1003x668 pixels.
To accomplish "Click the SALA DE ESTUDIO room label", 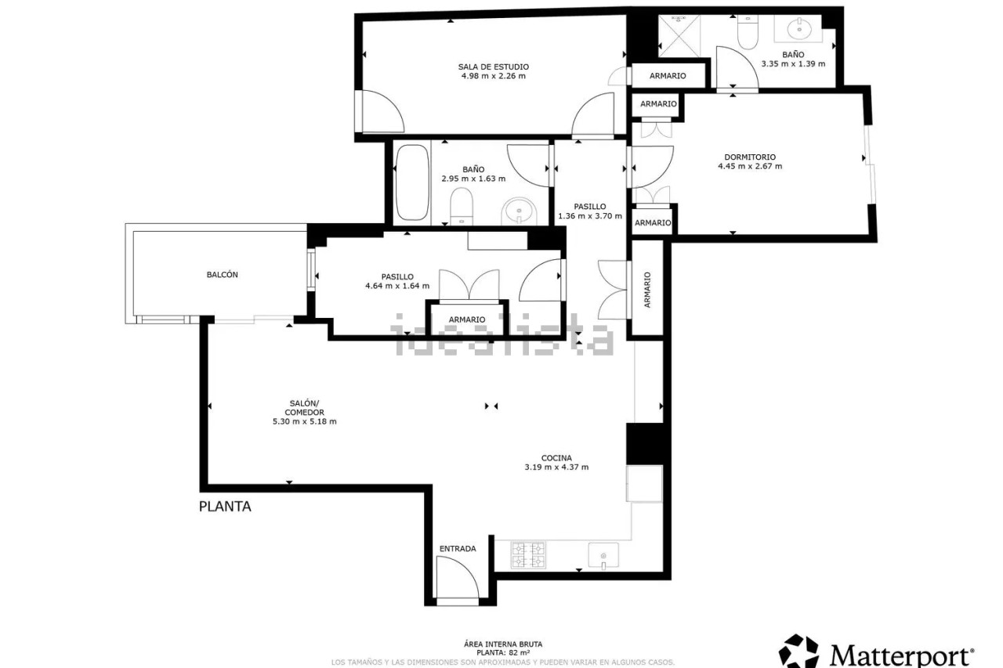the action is point(493,67).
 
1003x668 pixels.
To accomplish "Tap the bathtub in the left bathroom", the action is point(412,182).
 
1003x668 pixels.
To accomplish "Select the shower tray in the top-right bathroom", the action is point(679,36).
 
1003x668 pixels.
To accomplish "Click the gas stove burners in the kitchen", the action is point(528,554).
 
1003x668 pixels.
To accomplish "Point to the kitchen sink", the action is point(603,555).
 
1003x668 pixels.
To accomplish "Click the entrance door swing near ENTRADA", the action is point(458,577).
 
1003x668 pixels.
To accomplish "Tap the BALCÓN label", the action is point(222,275).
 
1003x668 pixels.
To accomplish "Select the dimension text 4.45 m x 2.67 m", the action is point(750,167).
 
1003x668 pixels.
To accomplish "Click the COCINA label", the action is point(556,457).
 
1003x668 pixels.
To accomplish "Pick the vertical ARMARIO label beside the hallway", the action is point(647,290).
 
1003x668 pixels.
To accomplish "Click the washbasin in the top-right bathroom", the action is point(798,29).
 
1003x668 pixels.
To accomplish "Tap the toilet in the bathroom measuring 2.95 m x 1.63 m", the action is point(462,206).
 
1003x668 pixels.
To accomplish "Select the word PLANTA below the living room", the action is point(225,507).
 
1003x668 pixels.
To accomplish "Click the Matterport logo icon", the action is point(798,651).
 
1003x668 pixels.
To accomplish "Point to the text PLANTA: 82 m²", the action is point(503,653).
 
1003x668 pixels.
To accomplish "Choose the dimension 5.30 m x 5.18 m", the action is point(305,421).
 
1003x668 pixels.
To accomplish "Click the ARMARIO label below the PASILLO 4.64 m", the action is point(466,320).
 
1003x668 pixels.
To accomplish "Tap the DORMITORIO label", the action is point(750,157).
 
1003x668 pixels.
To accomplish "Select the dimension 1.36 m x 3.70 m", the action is point(590,216).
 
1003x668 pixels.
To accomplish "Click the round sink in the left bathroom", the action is point(519,211).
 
